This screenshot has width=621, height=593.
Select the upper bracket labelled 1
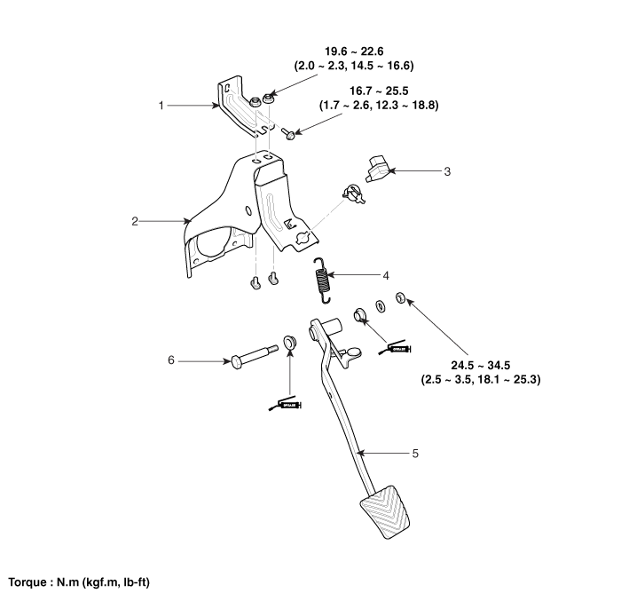[x=241, y=105]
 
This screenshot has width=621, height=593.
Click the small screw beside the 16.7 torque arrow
[x=287, y=134]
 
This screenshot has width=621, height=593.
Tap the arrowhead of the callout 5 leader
[x=359, y=454]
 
